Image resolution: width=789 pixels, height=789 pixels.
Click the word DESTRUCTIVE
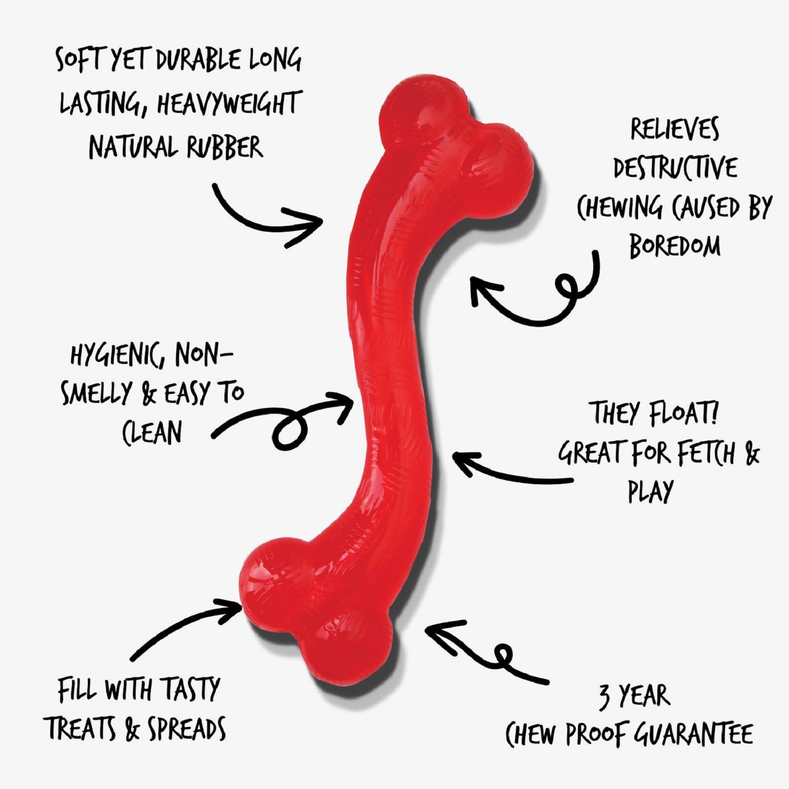click(x=675, y=169)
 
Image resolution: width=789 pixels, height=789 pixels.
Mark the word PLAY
click(x=650, y=491)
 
